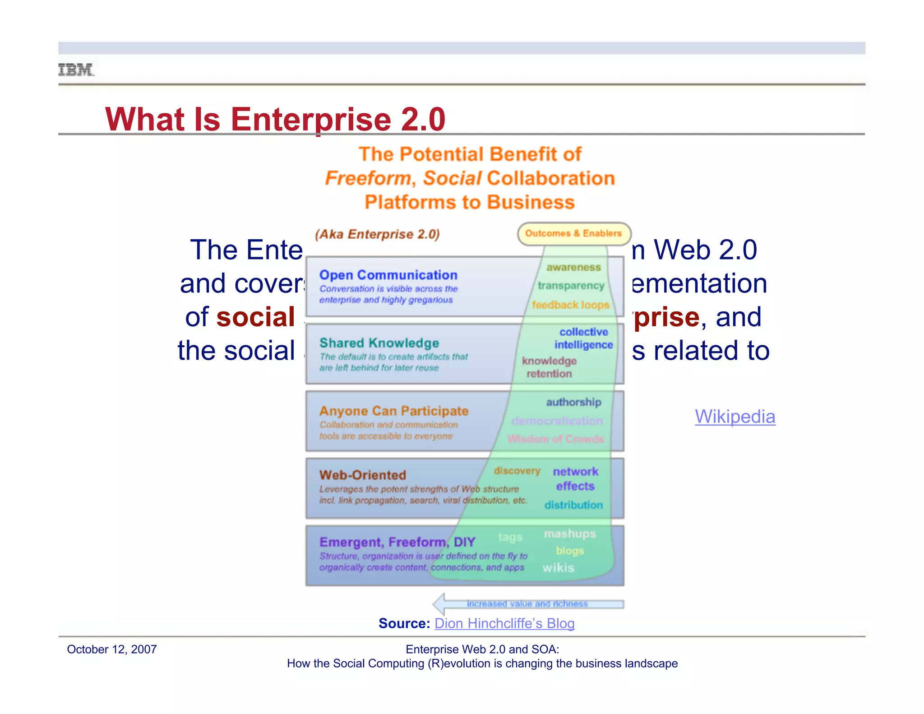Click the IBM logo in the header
click(76, 70)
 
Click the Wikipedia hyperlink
click(735, 417)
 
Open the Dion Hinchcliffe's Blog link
click(504, 623)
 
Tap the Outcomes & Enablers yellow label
click(573, 233)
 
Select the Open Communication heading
click(388, 275)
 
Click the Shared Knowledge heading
click(379, 343)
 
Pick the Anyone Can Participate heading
click(394, 411)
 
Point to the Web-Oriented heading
click(363, 475)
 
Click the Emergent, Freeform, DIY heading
click(397, 542)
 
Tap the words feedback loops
click(570, 305)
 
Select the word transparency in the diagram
click(571, 286)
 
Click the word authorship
click(573, 402)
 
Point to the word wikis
click(558, 568)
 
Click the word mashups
click(569, 534)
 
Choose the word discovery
click(517, 471)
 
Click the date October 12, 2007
click(111, 649)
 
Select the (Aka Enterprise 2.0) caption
click(377, 234)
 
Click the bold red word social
click(255, 317)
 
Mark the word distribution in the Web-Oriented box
click(573, 505)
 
